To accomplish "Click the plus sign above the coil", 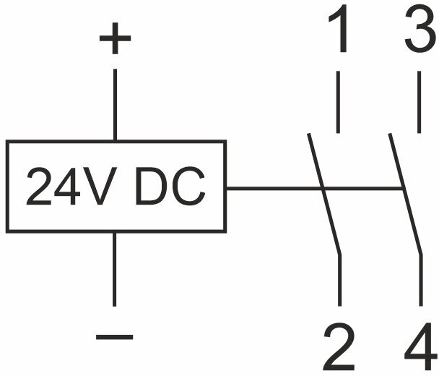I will click(114, 40).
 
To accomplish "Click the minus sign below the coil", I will click(114, 336).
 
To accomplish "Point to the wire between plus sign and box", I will click(114, 101).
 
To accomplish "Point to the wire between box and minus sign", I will click(114, 268).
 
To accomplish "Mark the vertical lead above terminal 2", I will click(338, 282).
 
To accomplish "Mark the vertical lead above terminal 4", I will click(420, 282).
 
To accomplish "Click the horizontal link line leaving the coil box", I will click(274, 189).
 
